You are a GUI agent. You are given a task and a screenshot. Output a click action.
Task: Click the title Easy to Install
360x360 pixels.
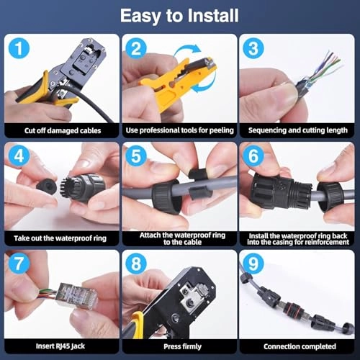pos(179,16)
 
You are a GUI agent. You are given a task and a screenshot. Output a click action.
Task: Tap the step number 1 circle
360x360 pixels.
pos(19,48)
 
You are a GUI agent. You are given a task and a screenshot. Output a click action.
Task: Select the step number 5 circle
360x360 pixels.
pos(136,156)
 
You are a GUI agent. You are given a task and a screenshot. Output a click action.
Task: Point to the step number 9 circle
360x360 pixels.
pos(253,264)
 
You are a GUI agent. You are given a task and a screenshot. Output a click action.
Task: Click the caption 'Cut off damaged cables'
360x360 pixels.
pos(63,130)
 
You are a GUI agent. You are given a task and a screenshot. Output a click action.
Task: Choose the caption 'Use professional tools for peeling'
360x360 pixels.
pos(179,130)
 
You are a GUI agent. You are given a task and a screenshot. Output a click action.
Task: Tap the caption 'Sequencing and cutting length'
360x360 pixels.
pos(298,130)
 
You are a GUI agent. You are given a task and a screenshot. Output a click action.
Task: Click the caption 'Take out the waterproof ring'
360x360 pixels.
pos(60,238)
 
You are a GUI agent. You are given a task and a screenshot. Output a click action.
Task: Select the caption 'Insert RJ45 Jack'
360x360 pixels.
pos(60,346)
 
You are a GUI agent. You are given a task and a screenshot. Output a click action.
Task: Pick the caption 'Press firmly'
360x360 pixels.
pos(182,346)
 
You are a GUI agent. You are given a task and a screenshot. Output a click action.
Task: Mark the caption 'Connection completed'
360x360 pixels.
pos(300,346)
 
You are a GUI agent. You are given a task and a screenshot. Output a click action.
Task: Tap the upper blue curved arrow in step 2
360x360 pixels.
pos(187,51)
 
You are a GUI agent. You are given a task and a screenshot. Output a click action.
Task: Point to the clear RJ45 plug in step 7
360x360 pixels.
pos(77,296)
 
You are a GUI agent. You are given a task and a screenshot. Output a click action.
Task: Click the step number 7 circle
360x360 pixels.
pos(19,264)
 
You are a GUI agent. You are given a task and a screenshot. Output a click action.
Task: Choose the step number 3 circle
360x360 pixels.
pos(253,48)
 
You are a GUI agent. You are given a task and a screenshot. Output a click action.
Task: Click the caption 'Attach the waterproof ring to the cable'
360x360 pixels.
pos(182,238)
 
